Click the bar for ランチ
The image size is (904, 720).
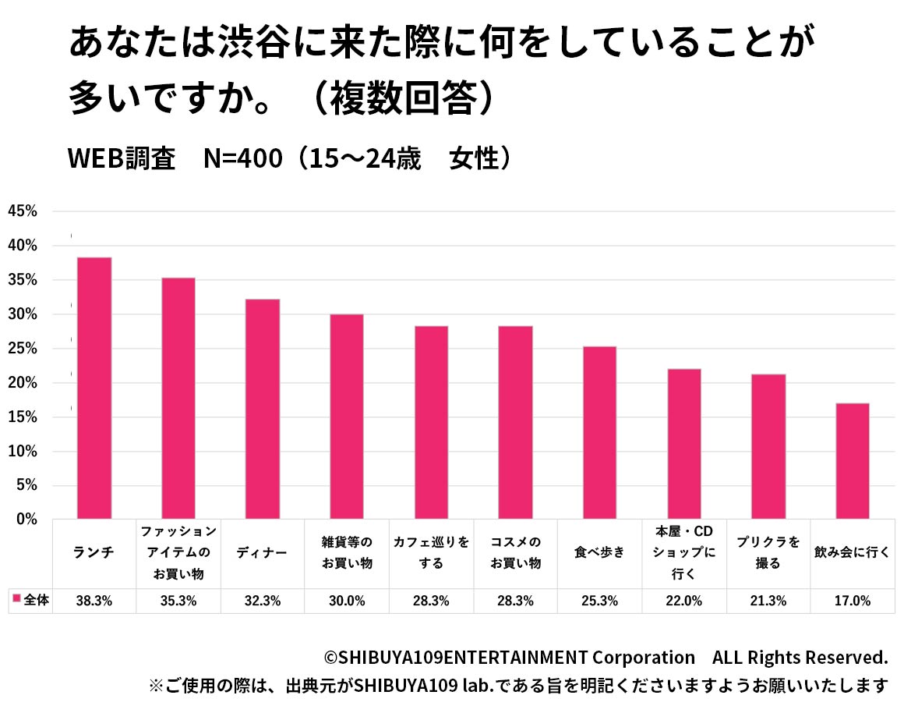click(94, 388)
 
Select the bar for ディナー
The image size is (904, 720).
click(263, 409)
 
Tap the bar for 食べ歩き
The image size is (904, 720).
click(599, 432)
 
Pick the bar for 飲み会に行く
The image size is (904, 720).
click(852, 461)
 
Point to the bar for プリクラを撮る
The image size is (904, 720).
click(768, 446)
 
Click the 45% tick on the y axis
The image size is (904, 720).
click(23, 211)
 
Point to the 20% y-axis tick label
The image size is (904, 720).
click(23, 382)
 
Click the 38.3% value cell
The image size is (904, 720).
click(94, 601)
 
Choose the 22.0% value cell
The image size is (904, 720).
click(683, 601)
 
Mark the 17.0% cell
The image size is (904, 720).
click(852, 601)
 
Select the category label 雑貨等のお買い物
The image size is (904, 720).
click(347, 552)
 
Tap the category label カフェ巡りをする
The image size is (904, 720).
click(431, 552)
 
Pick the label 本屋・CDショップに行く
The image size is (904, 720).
click(683, 552)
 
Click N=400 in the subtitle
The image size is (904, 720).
click(242, 158)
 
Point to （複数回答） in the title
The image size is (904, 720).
click(404, 99)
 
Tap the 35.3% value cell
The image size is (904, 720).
click(178, 601)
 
